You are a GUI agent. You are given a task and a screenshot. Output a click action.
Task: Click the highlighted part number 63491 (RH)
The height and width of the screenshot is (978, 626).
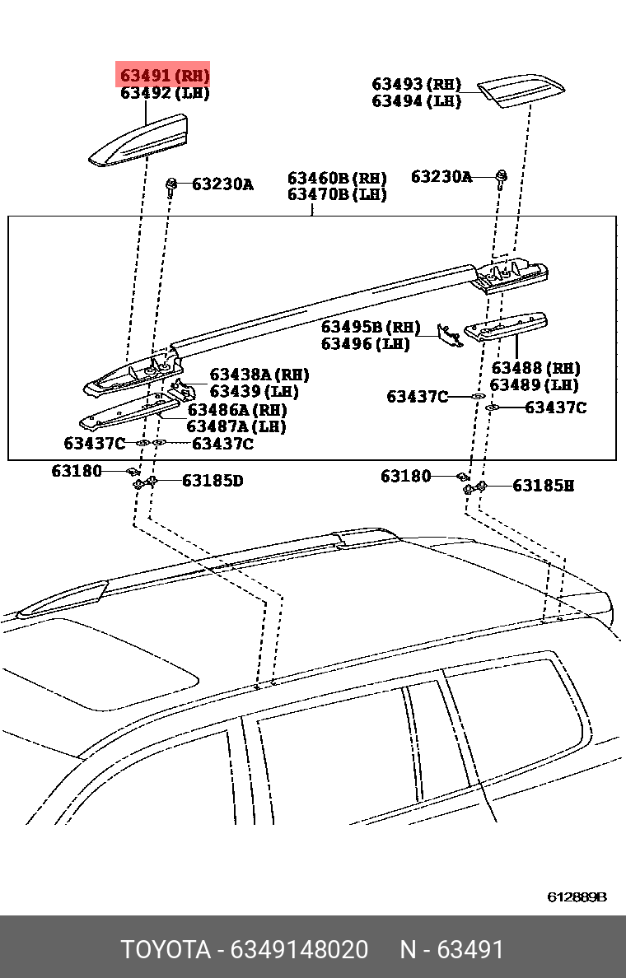pos(165,76)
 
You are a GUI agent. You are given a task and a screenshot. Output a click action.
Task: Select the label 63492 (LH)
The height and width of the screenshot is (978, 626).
pos(165,93)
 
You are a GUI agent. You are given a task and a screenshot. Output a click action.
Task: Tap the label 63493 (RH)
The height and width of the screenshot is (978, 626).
pos(416,84)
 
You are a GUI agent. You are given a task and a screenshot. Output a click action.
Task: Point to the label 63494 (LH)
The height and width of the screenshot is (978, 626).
pos(416,101)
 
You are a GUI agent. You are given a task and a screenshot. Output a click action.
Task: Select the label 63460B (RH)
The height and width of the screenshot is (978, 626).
pos(337,179)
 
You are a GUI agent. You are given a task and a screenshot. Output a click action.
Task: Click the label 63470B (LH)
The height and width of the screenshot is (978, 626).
pos(337,195)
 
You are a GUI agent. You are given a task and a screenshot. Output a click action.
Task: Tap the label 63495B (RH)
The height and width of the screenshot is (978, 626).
pos(371,327)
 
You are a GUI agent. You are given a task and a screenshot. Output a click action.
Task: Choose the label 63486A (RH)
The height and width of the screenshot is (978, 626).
pos(236,409)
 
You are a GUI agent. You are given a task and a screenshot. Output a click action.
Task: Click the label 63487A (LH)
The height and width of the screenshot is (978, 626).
pos(236,426)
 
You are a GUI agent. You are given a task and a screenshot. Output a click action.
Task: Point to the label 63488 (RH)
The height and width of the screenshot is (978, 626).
pos(535,368)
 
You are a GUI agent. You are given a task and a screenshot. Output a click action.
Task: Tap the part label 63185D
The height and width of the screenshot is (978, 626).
pos(213,481)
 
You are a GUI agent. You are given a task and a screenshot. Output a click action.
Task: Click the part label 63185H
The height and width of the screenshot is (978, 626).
pos(543,486)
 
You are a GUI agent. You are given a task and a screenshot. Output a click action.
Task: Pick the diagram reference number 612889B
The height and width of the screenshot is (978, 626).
pos(577,896)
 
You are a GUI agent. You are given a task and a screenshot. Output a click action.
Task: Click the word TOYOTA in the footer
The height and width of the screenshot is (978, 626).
pos(166,949)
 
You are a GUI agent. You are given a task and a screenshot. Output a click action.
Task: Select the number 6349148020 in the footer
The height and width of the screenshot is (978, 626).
pos(299,949)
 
